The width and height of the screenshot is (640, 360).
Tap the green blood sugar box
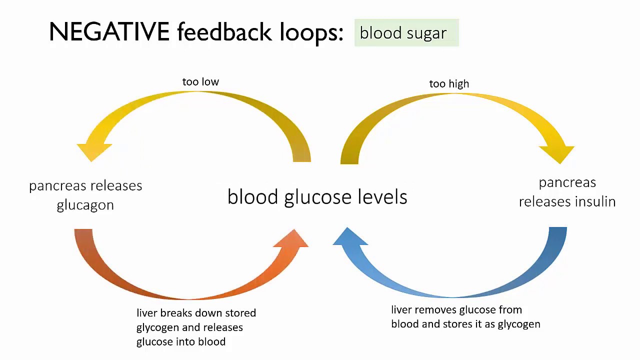406,32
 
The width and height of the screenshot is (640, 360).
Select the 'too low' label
200,81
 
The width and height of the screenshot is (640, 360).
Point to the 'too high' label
449,83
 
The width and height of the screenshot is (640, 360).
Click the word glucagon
85,205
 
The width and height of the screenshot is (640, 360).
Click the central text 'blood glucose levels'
317,197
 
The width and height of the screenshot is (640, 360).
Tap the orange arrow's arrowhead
291,238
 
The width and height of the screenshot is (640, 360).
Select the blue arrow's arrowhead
350,236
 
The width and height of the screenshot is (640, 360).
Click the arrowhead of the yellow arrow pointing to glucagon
93,152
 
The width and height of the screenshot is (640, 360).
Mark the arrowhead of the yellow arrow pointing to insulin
557,154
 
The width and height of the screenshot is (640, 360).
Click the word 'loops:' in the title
311,32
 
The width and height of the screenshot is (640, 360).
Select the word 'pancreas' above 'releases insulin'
567,183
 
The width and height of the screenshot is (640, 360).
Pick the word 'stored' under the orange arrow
240,313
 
